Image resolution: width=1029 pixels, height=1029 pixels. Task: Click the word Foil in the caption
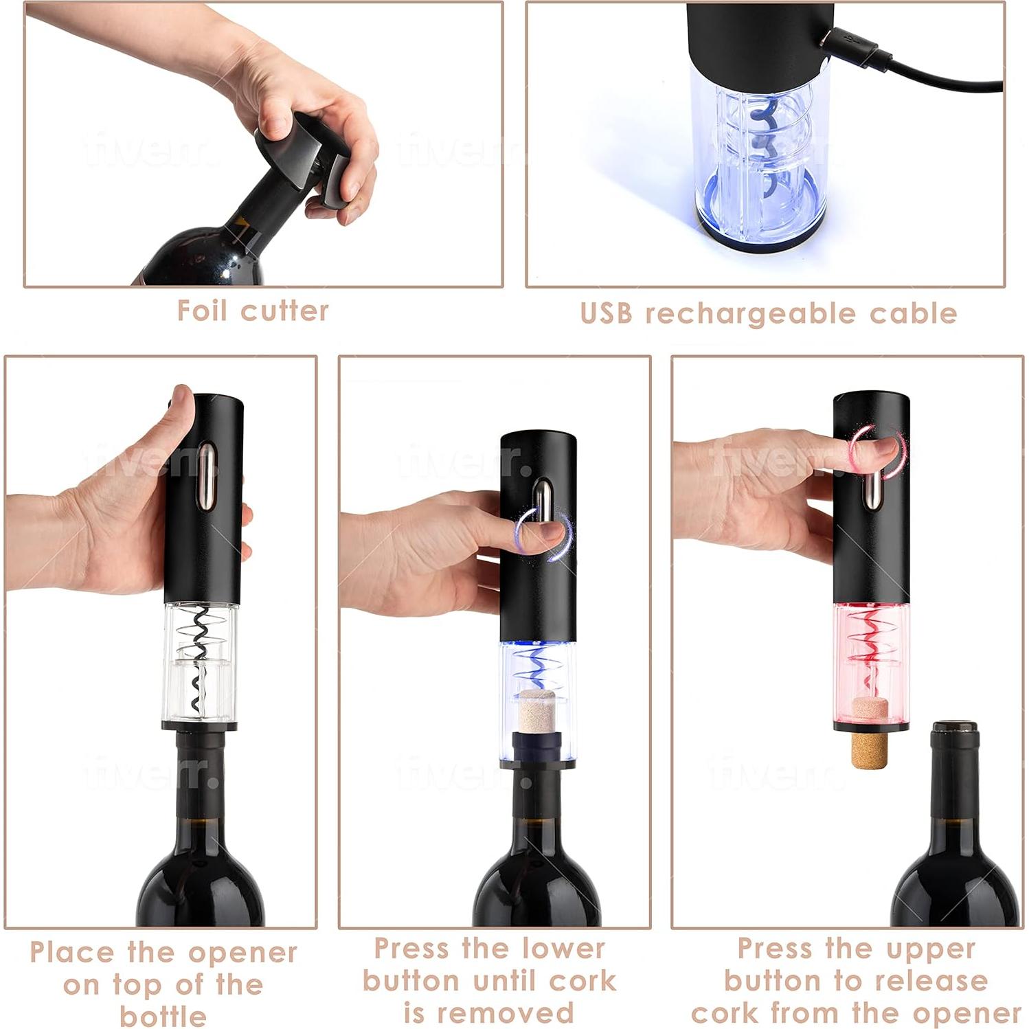[x=203, y=310]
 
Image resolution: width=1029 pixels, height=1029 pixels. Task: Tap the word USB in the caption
[x=606, y=313]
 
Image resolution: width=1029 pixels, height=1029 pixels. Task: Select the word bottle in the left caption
[x=163, y=1015]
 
